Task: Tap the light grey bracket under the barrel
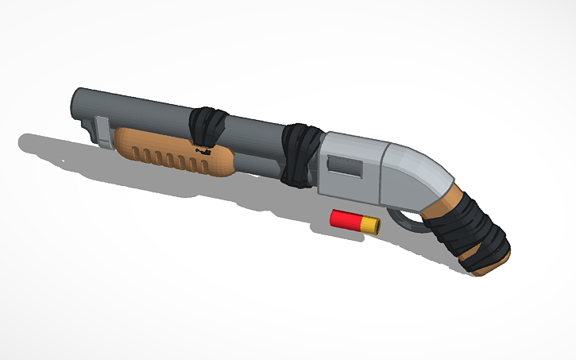tap(102, 131)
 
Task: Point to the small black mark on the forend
tap(203, 149)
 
